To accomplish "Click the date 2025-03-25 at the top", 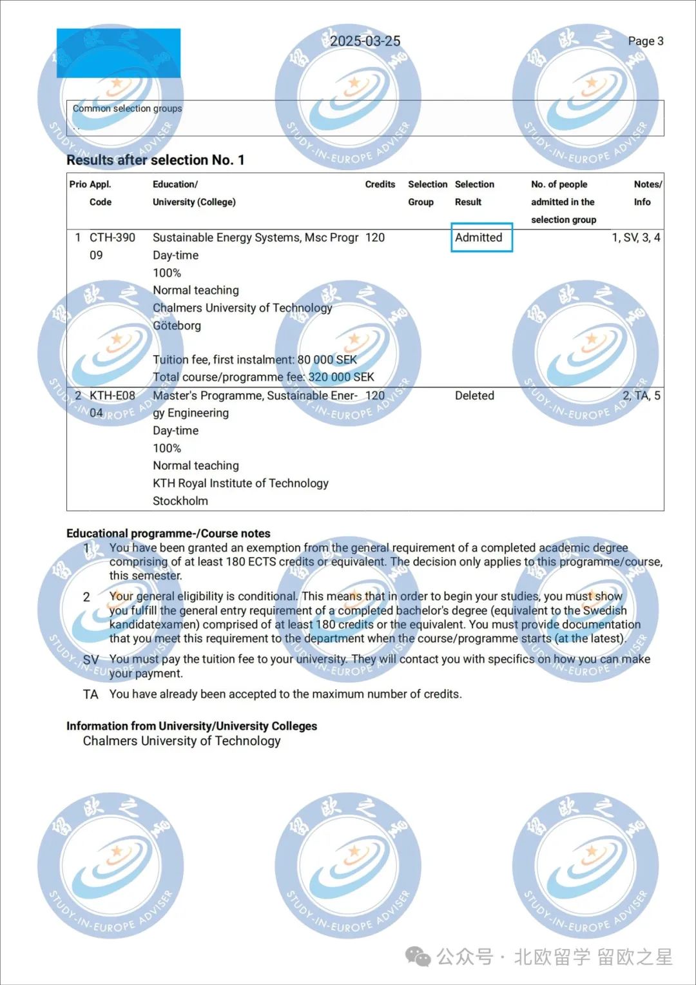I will (x=365, y=41).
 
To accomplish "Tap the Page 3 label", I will (x=645, y=41).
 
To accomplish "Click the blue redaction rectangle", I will (x=119, y=53).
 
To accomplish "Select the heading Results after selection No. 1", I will (x=155, y=160).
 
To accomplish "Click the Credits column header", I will (x=380, y=184).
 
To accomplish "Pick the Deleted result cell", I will (x=474, y=396).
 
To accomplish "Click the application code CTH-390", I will (x=112, y=238).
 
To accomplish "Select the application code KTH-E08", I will (x=112, y=396).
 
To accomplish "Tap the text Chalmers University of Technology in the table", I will (x=242, y=308).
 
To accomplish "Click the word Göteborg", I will (x=177, y=326).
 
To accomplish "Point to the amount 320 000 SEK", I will (x=341, y=377).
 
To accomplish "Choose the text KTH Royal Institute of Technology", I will (x=240, y=483).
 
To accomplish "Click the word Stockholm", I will (x=180, y=501).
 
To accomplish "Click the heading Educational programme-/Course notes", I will (x=168, y=533).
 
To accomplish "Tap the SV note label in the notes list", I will (x=91, y=660).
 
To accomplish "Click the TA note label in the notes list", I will (x=91, y=695).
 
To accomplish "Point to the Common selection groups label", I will (x=127, y=108).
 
